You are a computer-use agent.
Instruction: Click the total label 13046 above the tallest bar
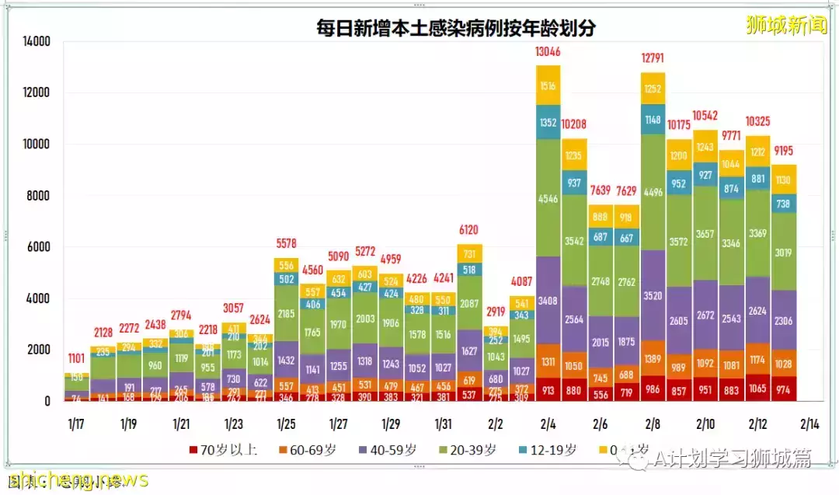pyautogui.click(x=549, y=52)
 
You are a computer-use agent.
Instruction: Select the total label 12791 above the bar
pyautogui.click(x=653, y=58)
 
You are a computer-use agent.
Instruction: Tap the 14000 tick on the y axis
pyautogui.click(x=35, y=41)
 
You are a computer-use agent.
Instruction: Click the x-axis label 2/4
pyautogui.click(x=548, y=425)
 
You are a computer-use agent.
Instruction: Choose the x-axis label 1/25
pyautogui.click(x=286, y=425)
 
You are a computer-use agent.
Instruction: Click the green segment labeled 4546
pyautogui.click(x=548, y=197)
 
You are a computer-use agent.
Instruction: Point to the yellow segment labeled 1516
pyautogui.click(x=548, y=85)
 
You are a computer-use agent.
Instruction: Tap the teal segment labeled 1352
pyautogui.click(x=548, y=122)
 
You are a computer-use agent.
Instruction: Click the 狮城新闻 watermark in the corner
pyautogui.click(x=786, y=24)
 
